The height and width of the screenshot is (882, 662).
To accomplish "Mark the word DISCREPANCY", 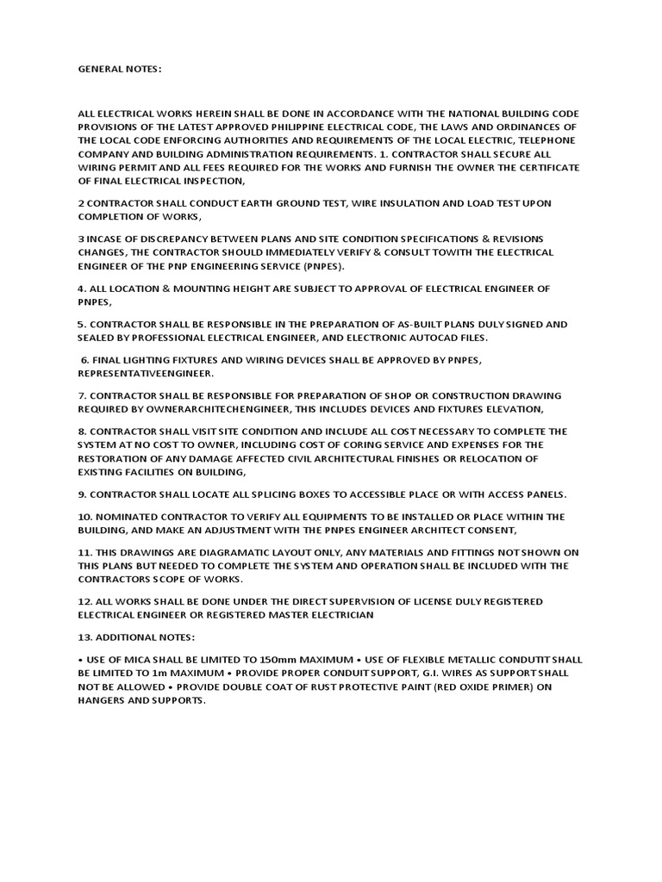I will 169,238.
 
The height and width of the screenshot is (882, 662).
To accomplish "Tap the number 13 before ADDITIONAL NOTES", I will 84,637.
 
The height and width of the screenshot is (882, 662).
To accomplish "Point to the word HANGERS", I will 103,699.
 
